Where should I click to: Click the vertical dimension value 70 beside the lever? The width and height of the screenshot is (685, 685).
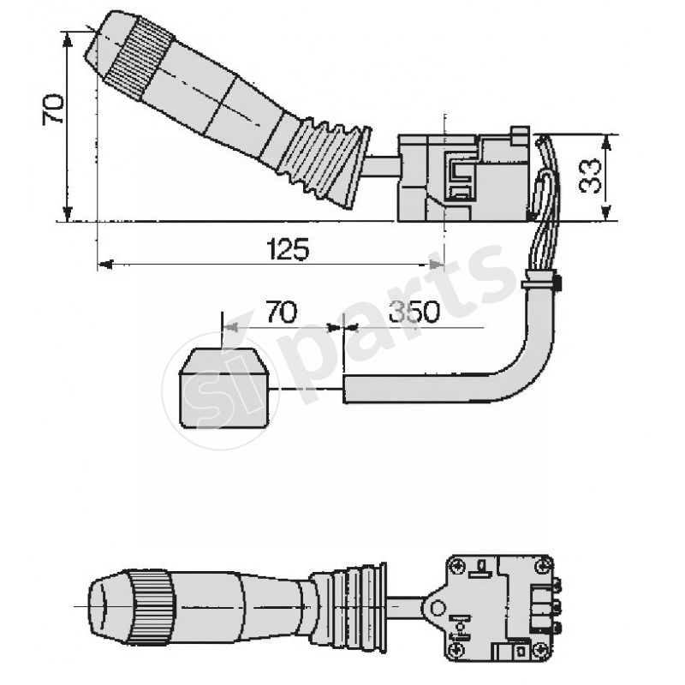tap(54, 110)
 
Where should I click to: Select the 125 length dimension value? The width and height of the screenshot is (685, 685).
tap(288, 249)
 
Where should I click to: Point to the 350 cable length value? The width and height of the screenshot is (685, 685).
tap(414, 313)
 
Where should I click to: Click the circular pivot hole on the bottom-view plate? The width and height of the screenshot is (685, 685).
tap(438, 609)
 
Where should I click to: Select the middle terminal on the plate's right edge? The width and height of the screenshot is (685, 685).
tap(557, 606)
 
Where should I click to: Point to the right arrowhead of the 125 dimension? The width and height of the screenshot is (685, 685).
tap(439, 265)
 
